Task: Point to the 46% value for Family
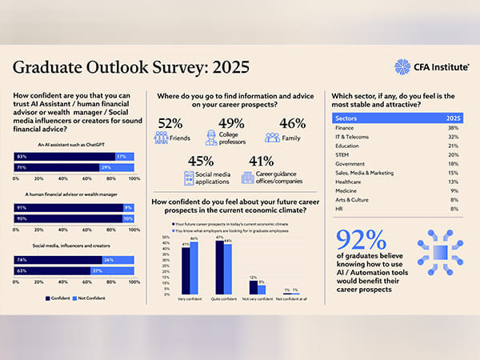(x=293, y=123)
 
